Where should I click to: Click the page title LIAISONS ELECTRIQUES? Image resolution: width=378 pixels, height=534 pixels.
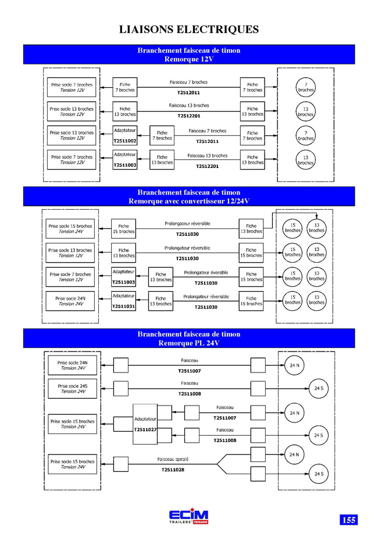[189, 29]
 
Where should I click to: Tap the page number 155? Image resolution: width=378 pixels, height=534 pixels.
[349, 519]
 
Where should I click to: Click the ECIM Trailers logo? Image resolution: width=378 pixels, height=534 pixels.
[188, 517]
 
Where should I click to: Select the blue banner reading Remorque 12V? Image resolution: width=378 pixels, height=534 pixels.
[189, 55]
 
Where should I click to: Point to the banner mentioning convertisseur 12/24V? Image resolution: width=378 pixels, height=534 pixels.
[189, 196]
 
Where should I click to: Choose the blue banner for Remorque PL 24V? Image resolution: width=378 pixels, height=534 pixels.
[189, 338]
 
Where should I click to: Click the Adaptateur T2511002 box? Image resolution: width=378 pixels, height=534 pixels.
[125, 135]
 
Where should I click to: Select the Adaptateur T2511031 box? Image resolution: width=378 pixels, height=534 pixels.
[123, 301]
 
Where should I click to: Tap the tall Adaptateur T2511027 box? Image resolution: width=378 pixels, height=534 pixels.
[145, 424]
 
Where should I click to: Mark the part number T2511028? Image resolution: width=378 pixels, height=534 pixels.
[173, 470]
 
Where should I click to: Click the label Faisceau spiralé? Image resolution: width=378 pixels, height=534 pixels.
[173, 459]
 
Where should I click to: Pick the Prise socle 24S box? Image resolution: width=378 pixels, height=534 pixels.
[72, 389]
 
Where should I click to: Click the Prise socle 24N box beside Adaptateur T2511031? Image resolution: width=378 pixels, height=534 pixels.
[70, 301]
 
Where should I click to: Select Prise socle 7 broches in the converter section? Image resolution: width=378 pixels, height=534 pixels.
[70, 277]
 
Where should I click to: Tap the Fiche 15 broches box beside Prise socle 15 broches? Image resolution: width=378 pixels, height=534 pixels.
[123, 228]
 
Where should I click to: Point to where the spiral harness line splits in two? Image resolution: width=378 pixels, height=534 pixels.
[217, 464]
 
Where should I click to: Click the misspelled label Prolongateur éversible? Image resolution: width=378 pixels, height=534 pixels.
[206, 273]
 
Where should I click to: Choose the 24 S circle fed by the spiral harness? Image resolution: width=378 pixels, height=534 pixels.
[319, 474]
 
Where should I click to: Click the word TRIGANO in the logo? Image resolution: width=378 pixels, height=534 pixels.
[201, 522]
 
